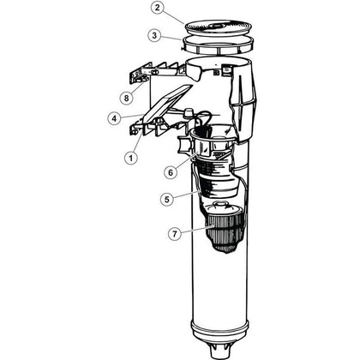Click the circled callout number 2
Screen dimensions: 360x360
click(157, 8)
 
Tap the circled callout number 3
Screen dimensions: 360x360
click(154, 36)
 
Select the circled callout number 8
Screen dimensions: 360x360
click(126, 98)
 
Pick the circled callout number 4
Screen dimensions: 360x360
click(115, 118)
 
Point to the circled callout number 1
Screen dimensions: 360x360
click(131, 158)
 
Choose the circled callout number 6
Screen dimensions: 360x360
click(171, 172)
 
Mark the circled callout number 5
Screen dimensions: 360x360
click(167, 199)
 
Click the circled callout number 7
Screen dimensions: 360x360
click(175, 234)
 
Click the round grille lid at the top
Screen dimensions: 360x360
click(219, 27)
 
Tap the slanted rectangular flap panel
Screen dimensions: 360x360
click(167, 102)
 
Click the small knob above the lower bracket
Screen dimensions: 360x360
click(188, 112)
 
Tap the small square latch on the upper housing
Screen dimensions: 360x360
click(227, 70)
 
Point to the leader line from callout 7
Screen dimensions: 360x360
click(198, 230)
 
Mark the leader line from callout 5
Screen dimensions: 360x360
click(187, 195)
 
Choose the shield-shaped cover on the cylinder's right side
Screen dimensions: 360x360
click(243, 105)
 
